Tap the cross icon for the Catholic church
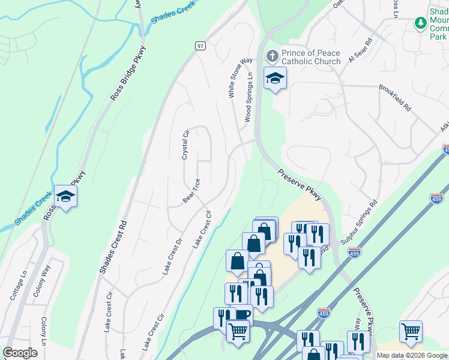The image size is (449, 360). pyautogui.click(x=272, y=56)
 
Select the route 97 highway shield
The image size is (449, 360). pyautogui.click(x=200, y=46)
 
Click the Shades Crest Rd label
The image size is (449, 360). pyautogui.click(x=114, y=246)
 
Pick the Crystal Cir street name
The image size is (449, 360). pyautogui.click(x=185, y=144)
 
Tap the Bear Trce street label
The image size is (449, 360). pyautogui.click(x=191, y=190)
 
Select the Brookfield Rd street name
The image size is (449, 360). pyautogui.click(x=395, y=98)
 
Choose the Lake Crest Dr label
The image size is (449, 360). pyautogui.click(x=172, y=257)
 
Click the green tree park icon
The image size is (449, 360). pyautogui.click(x=421, y=23)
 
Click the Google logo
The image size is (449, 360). pyautogui.click(x=20, y=353)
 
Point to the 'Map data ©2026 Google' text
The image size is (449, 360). pyautogui.click(x=411, y=355)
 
